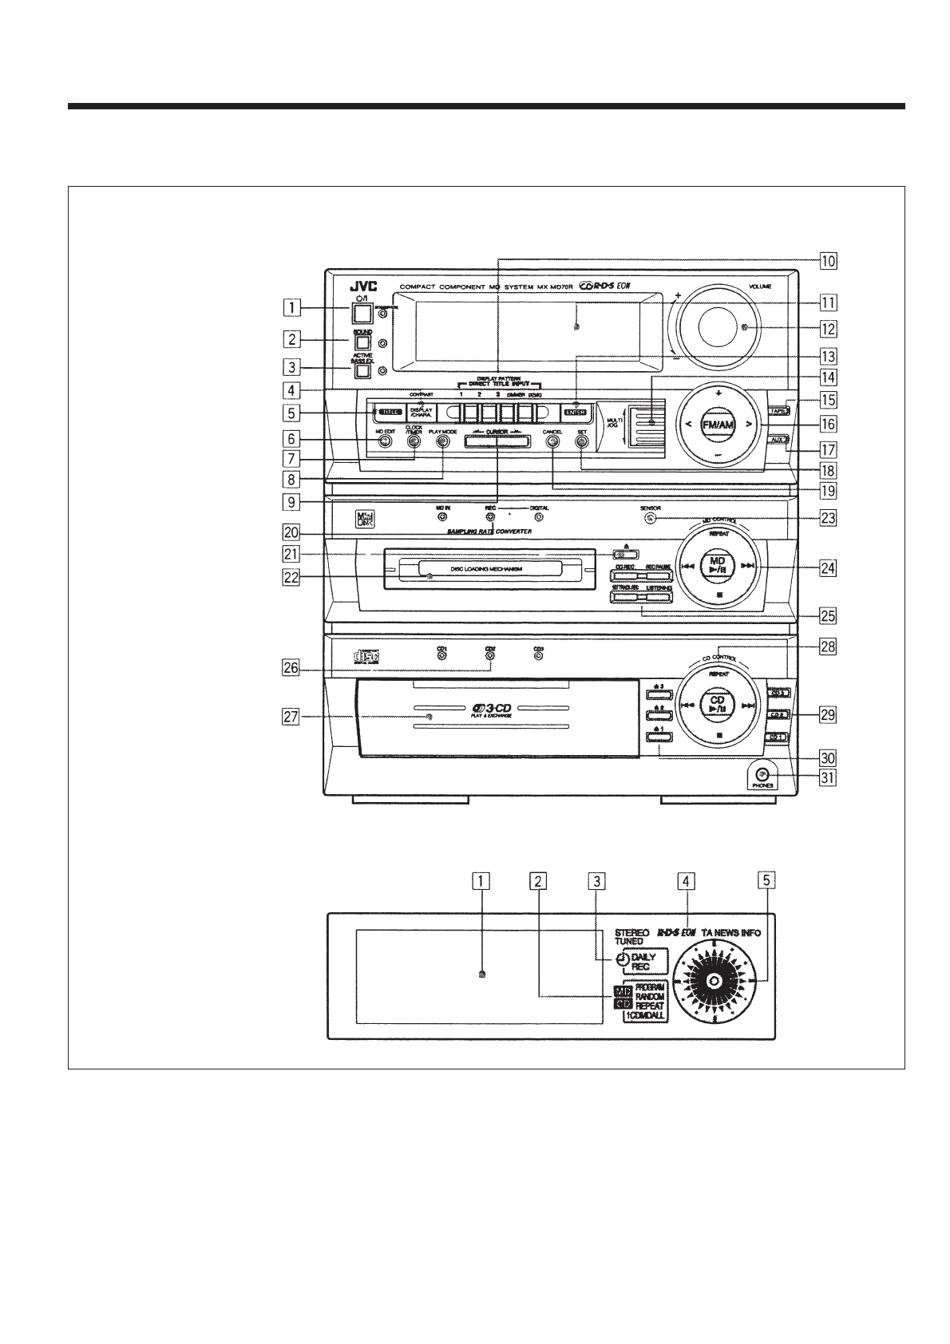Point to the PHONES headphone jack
(x=762, y=774)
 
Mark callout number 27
(x=291, y=717)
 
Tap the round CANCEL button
(x=551, y=441)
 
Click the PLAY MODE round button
(x=441, y=441)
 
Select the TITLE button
(x=390, y=413)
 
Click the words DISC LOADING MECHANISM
(x=486, y=569)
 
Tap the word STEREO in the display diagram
(x=631, y=931)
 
